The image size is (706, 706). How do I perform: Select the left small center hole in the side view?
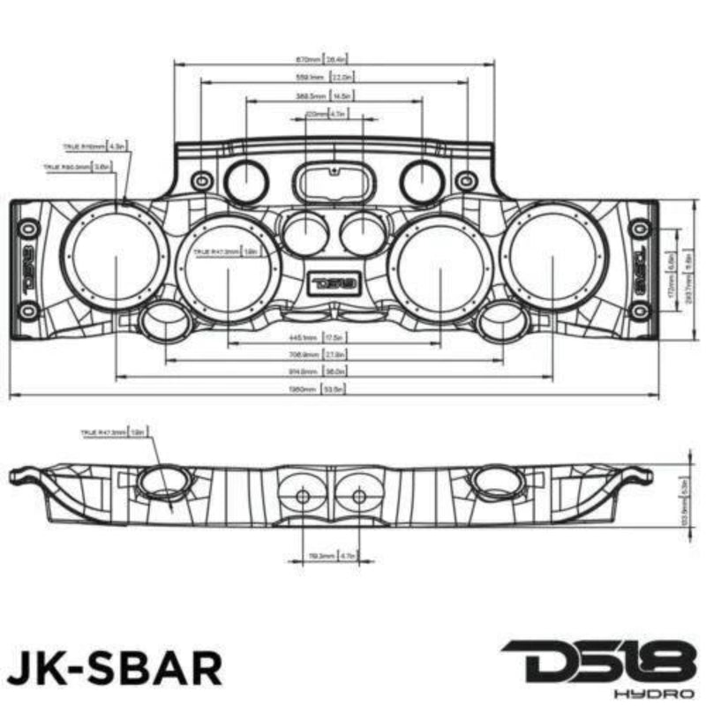(x=303, y=497)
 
